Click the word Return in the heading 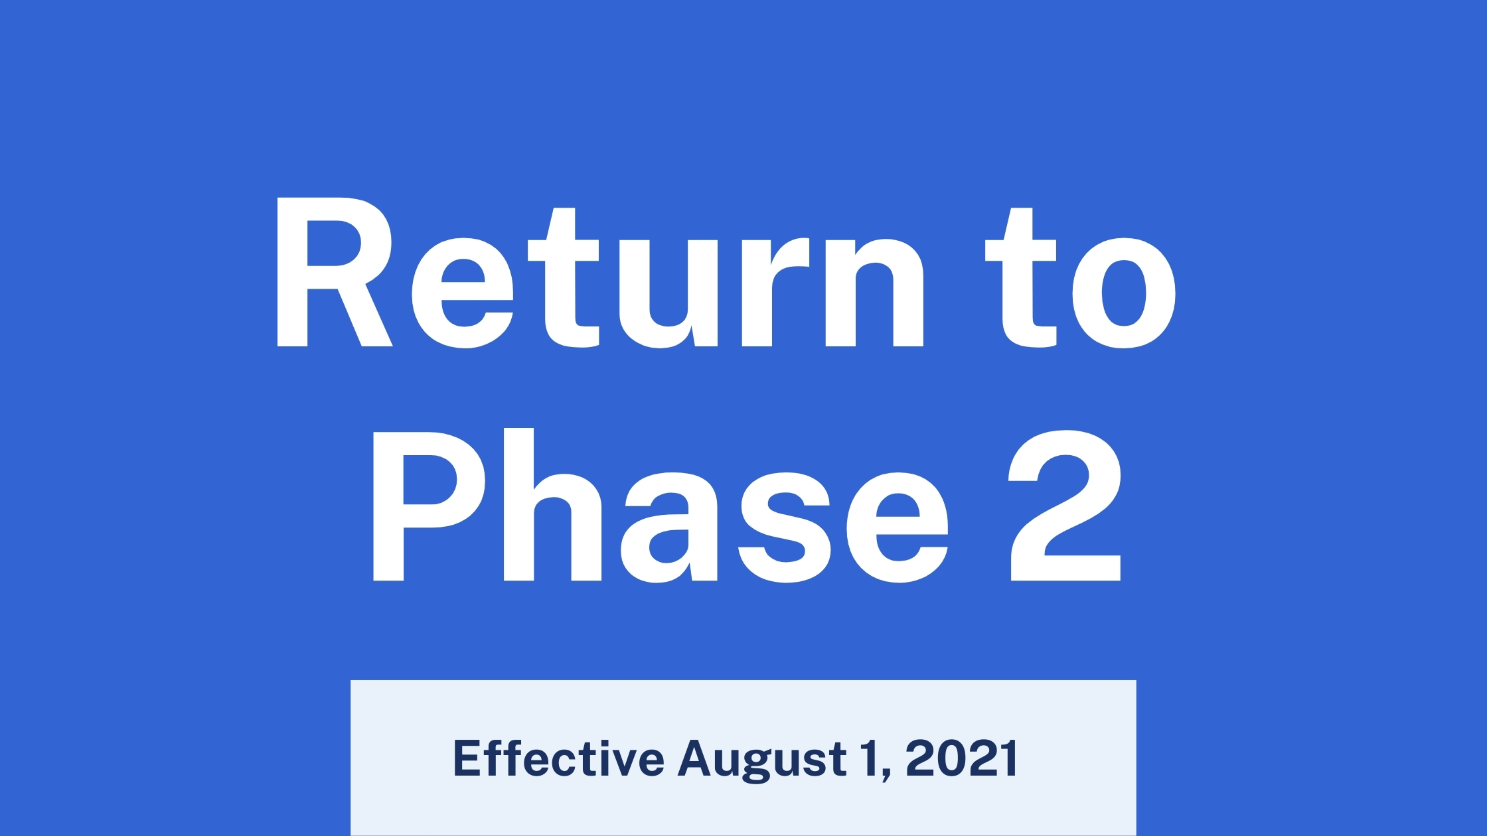[x=599, y=272]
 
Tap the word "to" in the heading [x=1080, y=278]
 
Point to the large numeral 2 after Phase [x=1065, y=506]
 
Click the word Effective [x=558, y=758]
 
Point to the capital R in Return [x=334, y=272]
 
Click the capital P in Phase [x=429, y=506]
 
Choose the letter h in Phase [x=552, y=504]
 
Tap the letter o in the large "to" [x=1124, y=293]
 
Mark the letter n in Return [x=875, y=292]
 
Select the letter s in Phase [x=785, y=527]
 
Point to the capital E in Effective [x=467, y=758]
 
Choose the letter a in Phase [x=669, y=527]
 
